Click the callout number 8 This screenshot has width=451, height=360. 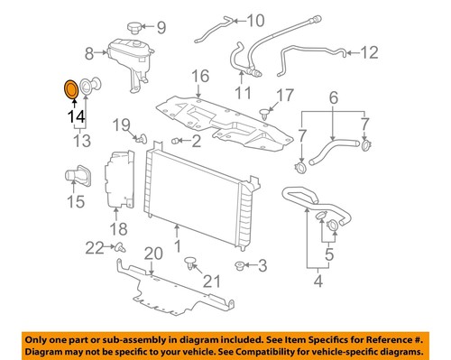pos(88,52)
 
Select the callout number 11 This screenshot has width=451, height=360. pos(243,91)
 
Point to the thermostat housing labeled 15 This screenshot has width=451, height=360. pos(75,173)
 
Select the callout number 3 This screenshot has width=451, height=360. pos(262,265)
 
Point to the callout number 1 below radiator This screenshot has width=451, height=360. pos(177,244)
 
